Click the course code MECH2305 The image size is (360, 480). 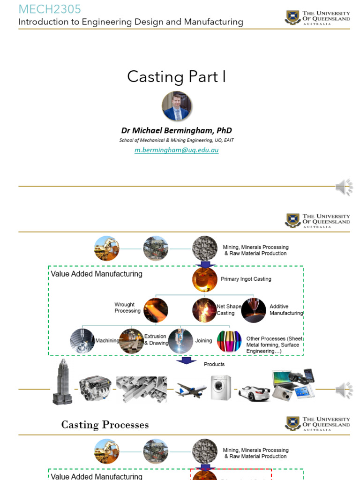click(x=49, y=9)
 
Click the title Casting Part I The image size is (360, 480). click(x=176, y=76)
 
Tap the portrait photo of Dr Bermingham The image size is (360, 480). click(x=177, y=106)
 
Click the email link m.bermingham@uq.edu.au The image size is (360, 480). click(x=176, y=150)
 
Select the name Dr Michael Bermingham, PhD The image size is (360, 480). click(x=176, y=130)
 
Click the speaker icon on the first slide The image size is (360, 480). click(x=344, y=187)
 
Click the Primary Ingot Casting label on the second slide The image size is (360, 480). click(x=246, y=279)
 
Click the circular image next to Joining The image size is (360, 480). click(x=180, y=341)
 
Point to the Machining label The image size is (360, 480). click(x=107, y=341)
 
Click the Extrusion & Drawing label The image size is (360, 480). click(x=156, y=339)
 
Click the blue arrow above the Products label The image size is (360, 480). click(x=186, y=360)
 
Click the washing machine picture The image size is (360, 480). click(x=220, y=388)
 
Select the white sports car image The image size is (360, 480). click(x=254, y=392)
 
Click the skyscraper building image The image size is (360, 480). click(x=62, y=382)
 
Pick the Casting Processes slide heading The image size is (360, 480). click(x=105, y=425)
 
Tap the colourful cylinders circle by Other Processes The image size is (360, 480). click(x=229, y=341)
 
